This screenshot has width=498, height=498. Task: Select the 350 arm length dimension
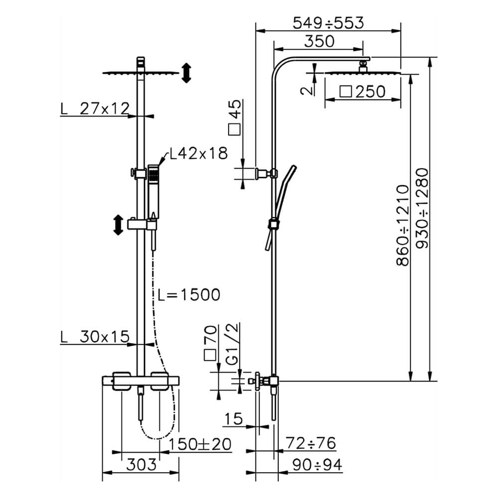[319, 41]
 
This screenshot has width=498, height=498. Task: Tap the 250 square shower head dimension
[363, 92]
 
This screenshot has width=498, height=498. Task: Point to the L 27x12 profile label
[95, 108]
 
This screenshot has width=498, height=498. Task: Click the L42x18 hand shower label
[198, 153]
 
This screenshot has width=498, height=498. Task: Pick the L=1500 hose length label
[188, 295]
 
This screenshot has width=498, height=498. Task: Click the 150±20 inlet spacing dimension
[200, 444]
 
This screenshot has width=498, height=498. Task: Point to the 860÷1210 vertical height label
[403, 225]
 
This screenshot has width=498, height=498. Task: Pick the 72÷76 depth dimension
[311, 443]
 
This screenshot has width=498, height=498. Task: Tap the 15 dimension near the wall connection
[233, 419]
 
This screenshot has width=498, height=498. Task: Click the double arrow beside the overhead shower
[186, 73]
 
